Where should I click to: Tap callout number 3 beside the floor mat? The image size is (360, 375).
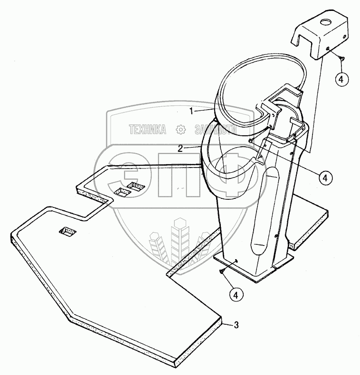236,325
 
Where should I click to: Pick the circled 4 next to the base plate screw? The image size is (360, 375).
235,294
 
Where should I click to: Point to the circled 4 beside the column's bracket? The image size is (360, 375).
325,178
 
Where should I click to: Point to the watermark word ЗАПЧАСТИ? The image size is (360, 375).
215,129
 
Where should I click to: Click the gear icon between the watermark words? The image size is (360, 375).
180,129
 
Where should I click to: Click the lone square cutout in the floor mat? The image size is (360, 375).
67,232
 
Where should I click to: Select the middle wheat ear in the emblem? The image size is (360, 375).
180,240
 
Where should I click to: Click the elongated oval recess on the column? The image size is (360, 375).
266,209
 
